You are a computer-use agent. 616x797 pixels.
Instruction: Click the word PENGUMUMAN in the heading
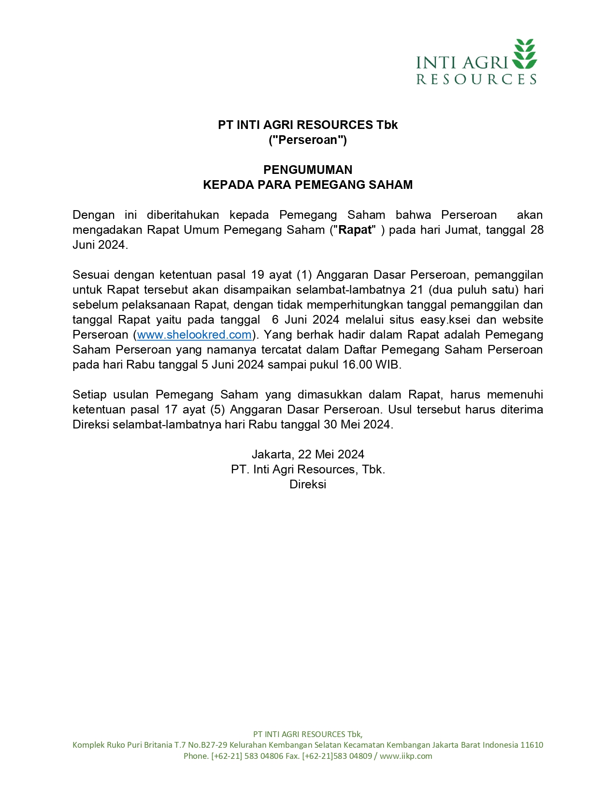click(x=308, y=170)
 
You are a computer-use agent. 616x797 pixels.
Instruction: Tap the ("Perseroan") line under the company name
click(x=308, y=140)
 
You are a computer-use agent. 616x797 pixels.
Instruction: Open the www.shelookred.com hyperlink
click(x=194, y=335)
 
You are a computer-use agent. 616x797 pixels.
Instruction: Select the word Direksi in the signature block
click(x=308, y=484)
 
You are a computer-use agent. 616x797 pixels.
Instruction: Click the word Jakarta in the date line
click(x=272, y=455)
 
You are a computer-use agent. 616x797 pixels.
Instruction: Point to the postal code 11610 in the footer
click(x=531, y=745)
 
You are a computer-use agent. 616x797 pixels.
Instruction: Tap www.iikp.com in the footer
click(x=406, y=756)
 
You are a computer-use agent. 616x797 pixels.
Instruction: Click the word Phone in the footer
click(x=195, y=756)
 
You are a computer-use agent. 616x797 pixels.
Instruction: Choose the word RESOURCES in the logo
click(x=476, y=80)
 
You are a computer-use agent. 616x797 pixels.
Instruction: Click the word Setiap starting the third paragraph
click(x=89, y=395)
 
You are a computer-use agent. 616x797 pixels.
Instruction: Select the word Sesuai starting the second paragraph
click(x=89, y=275)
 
